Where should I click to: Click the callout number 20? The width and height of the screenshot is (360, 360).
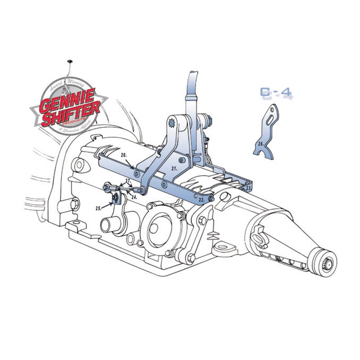point(123,155)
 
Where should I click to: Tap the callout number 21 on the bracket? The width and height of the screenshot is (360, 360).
point(174,168)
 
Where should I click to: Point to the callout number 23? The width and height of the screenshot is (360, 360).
point(248,188)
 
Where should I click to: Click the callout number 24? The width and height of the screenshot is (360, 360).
point(134,197)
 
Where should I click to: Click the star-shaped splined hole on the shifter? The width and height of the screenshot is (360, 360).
point(172,124)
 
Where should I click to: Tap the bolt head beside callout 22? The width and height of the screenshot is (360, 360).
point(211,199)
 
